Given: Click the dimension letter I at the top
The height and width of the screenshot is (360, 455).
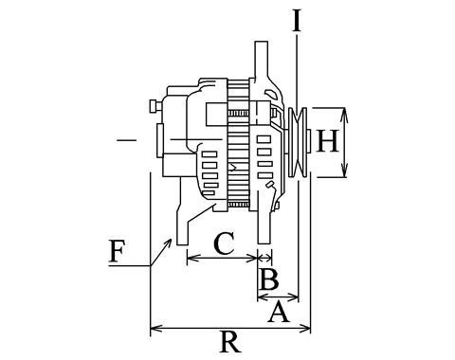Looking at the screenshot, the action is [296, 22].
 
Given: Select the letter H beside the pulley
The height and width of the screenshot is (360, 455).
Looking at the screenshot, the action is [328, 141].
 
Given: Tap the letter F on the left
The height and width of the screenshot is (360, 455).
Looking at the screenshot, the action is [117, 251].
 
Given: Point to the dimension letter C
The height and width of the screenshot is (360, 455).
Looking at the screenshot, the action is [224, 243].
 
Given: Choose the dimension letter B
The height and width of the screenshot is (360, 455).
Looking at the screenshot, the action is [269, 279].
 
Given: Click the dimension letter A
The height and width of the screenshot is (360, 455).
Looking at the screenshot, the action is [279, 312].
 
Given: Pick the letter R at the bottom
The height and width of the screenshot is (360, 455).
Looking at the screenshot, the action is [230, 341].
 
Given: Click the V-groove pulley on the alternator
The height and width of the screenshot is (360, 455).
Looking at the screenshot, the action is [298, 142].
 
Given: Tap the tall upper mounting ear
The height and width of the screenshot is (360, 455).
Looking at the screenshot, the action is [262, 60].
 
